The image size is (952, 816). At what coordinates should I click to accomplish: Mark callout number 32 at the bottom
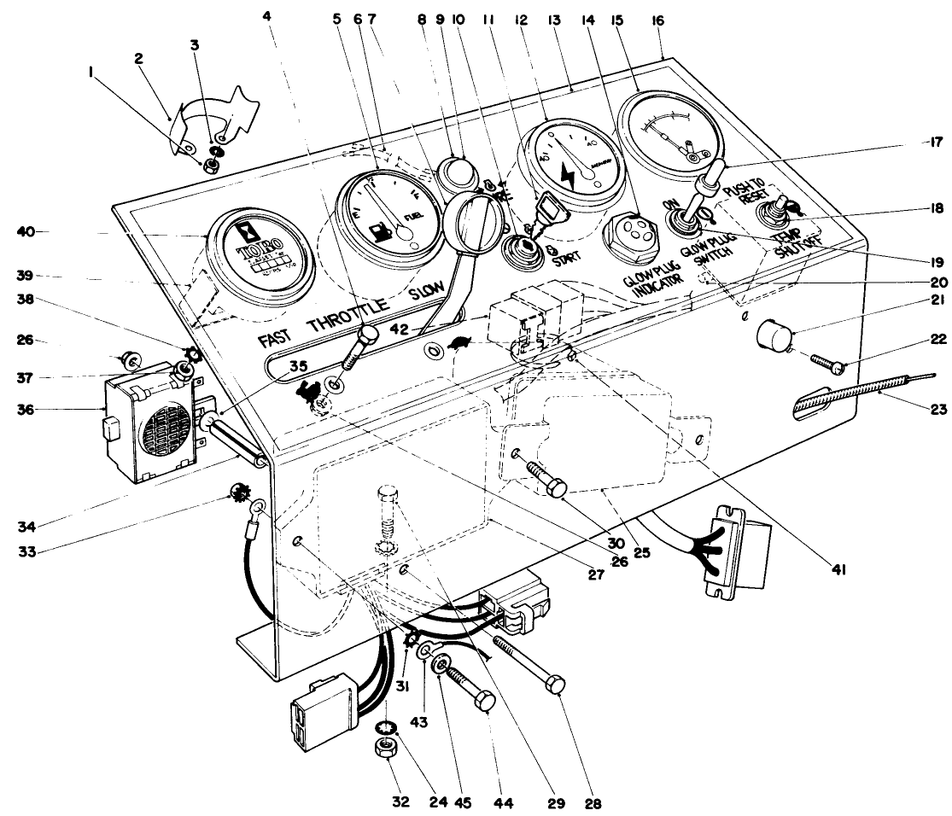tap(400, 802)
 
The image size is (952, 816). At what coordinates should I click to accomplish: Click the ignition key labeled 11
tap(546, 207)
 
